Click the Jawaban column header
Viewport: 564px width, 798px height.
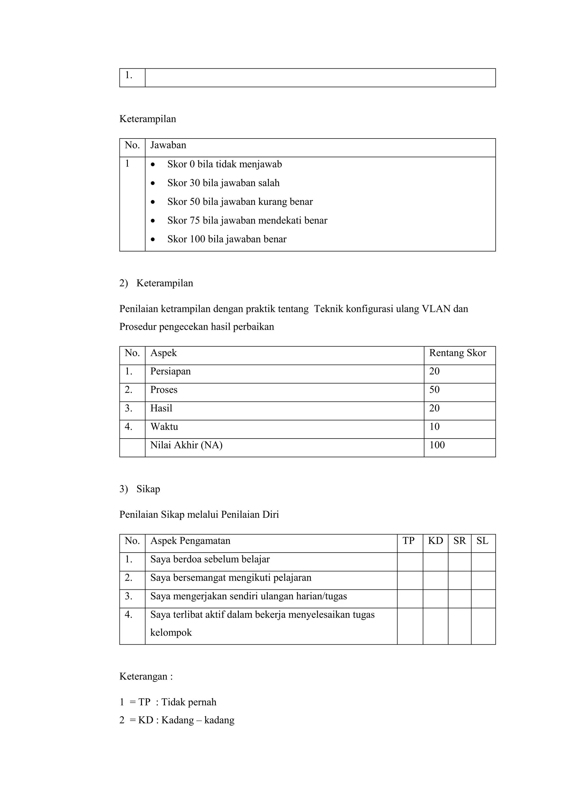tap(168, 145)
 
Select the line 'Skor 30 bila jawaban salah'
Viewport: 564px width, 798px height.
tap(223, 183)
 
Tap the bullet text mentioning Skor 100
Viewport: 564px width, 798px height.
tap(227, 239)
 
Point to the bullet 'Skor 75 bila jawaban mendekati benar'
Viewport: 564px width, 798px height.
tap(247, 221)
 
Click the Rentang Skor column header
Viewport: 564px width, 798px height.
tap(457, 353)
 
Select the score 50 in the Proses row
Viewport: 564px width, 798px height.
tap(434, 390)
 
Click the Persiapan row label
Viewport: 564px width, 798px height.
tap(170, 372)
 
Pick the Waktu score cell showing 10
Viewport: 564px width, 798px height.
tap(434, 427)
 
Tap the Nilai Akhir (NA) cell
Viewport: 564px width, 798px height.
tap(186, 445)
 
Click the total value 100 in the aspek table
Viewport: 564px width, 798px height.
tap(437, 445)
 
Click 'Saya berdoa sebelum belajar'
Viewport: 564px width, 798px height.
tap(210, 559)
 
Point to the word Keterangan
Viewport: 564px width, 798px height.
tap(143, 676)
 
